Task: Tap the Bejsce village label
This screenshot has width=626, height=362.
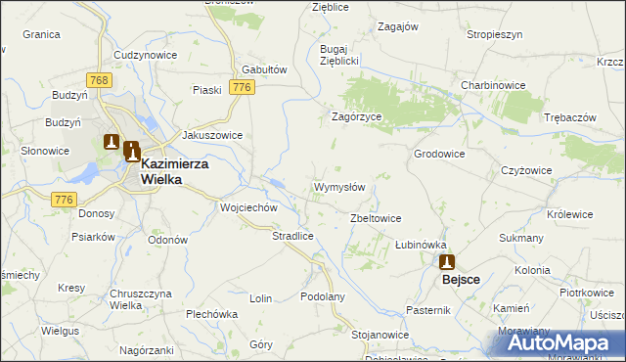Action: point(461,279)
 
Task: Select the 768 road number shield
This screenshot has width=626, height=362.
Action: point(96,79)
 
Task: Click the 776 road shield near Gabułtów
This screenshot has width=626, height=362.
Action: point(243,88)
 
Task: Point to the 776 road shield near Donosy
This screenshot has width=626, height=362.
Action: point(65,199)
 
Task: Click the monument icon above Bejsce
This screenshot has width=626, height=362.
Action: point(447,261)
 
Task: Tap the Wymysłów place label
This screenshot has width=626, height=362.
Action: point(338,187)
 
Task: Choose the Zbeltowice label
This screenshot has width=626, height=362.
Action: point(376,218)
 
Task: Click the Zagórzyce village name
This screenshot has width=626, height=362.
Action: point(355,115)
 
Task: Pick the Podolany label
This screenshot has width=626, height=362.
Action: point(323,296)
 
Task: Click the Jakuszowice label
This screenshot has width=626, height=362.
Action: point(212,136)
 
